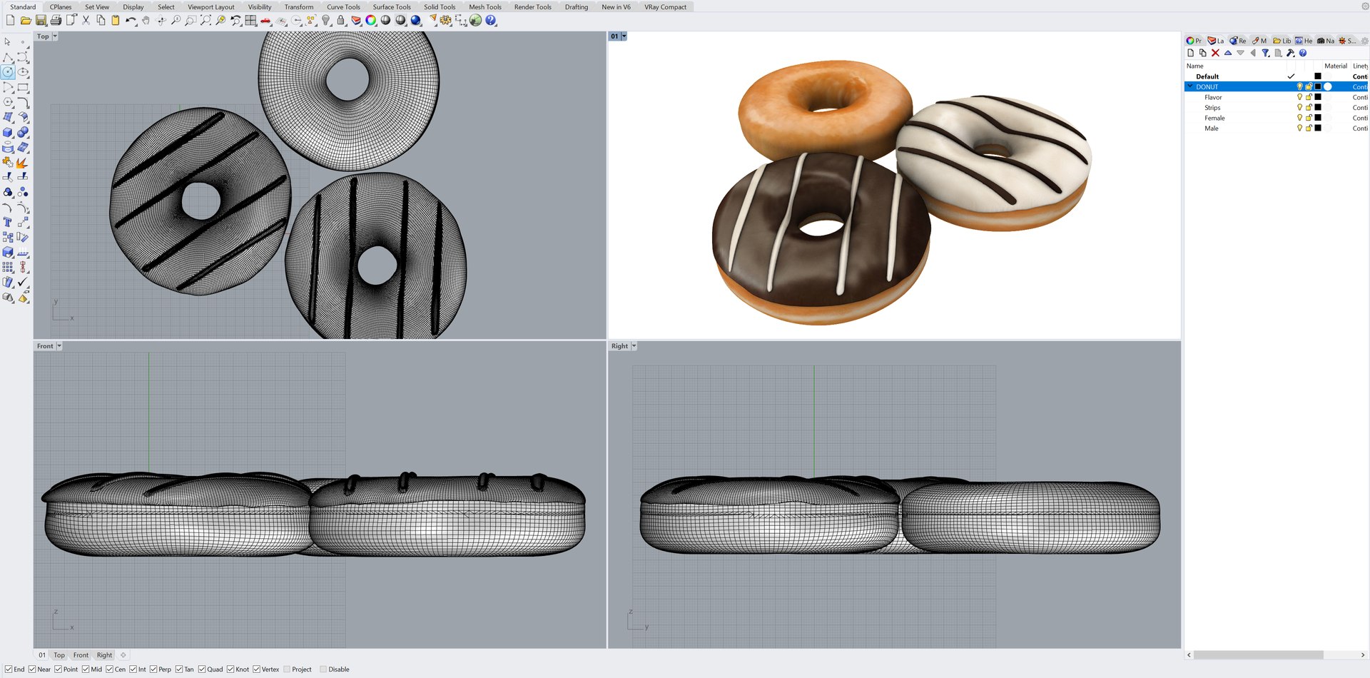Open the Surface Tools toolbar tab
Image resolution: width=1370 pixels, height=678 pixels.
coord(391,7)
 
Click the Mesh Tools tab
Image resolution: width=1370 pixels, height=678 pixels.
coord(484,7)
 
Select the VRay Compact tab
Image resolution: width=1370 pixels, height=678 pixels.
coord(665,7)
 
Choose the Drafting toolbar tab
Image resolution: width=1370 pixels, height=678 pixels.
coord(576,7)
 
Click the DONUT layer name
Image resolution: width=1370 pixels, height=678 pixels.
coord(1207,87)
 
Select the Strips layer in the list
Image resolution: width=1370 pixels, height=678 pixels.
coord(1212,108)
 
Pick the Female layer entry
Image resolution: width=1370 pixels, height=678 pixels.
coord(1214,118)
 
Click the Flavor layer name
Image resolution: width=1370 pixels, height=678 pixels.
coord(1213,98)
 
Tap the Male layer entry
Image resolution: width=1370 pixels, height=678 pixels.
coord(1212,128)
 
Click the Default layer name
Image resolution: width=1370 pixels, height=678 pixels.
coord(1207,76)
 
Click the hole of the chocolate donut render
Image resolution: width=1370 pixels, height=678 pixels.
coord(821,228)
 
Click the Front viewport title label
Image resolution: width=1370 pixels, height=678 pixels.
coord(45,346)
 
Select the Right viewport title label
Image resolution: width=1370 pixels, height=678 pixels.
coord(619,346)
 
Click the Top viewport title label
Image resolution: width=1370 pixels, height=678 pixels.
coord(43,36)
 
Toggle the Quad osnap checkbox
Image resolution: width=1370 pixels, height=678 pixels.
coord(203,669)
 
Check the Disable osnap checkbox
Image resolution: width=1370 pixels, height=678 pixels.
coord(323,669)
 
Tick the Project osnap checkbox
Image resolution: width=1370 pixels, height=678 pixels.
coord(287,669)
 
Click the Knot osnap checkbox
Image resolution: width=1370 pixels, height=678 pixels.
coord(230,669)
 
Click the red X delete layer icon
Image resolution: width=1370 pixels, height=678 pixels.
coord(1215,53)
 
